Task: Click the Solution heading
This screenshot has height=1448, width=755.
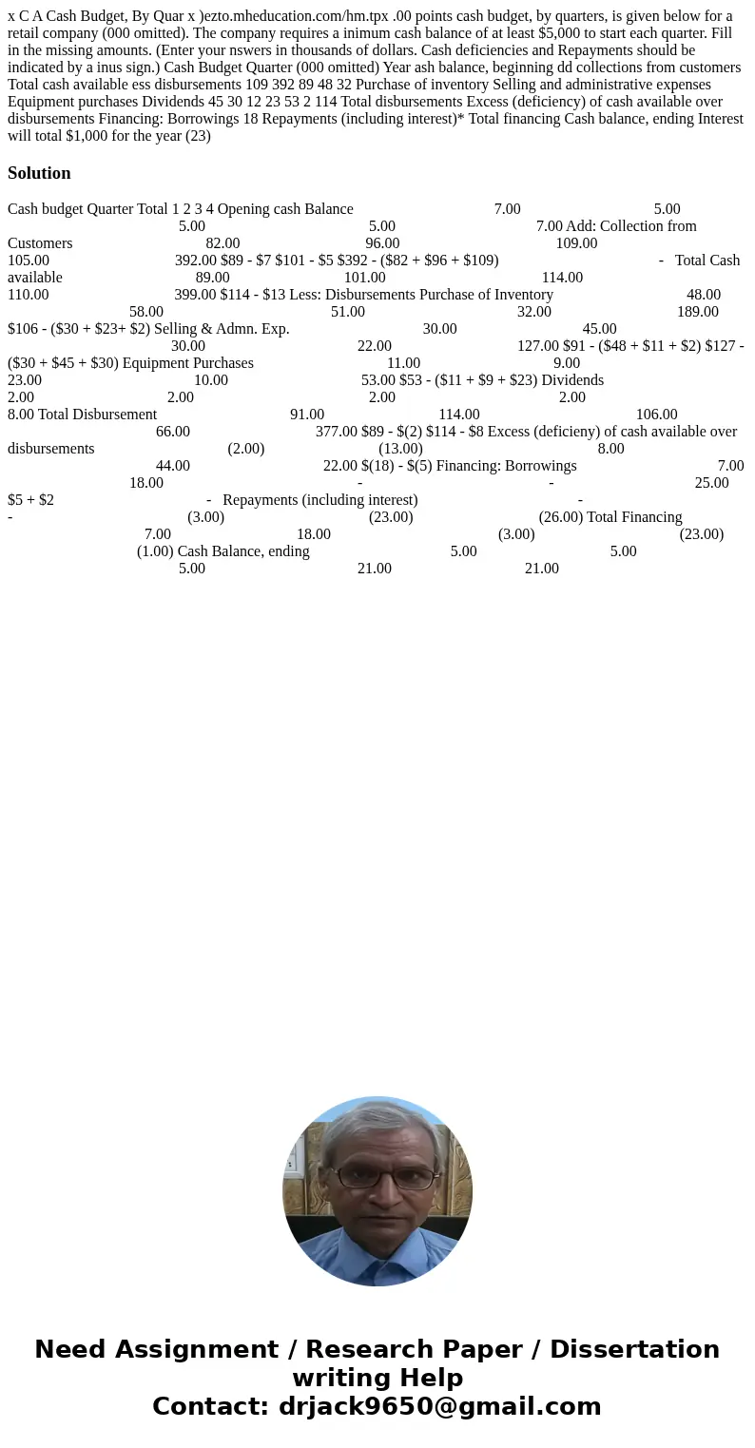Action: pos(39,173)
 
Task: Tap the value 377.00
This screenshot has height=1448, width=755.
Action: pos(337,432)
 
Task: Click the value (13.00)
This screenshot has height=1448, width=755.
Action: pos(400,449)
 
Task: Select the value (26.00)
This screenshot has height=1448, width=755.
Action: pos(561,517)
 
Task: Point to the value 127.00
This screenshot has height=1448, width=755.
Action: pos(538,346)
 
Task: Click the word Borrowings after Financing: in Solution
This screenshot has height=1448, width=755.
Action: pos(540,466)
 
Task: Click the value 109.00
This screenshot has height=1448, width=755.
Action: pos(576,243)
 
